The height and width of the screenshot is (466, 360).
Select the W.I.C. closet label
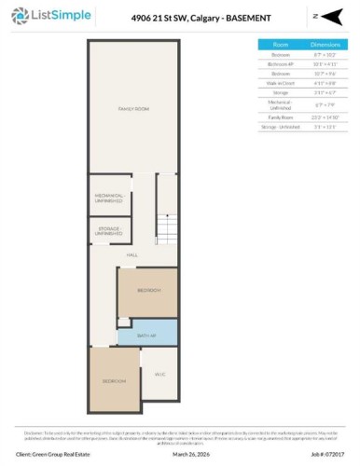[x=159, y=374]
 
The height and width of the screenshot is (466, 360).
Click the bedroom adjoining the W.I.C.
[x=114, y=380]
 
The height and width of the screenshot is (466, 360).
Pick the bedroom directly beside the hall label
[x=148, y=292]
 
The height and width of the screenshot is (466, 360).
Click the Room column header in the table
[x=280, y=44]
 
